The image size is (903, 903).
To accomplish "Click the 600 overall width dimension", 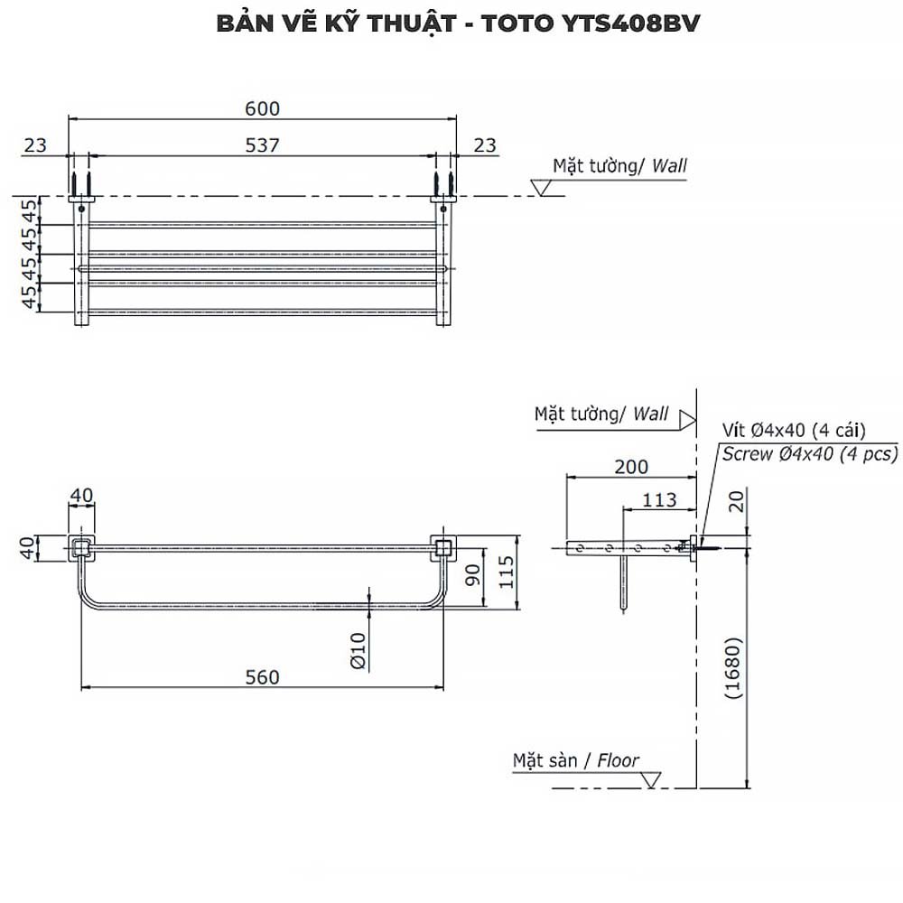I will point(263,108).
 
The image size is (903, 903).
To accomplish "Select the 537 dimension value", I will point(263,144).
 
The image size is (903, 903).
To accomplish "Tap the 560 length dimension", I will point(263,676).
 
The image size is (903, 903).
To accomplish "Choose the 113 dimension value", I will point(659,499).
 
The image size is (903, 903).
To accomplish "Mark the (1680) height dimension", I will point(732,668).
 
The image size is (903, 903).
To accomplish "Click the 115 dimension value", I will point(506,572).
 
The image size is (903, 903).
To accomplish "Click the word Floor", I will point(618,760).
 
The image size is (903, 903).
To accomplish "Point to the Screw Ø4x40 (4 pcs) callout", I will point(809,454).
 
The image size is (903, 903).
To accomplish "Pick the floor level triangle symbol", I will point(652,777).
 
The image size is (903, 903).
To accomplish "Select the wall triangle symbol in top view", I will point(542,188).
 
